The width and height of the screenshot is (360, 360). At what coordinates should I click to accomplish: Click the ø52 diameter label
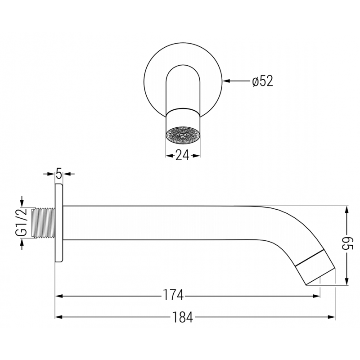pos(263,81)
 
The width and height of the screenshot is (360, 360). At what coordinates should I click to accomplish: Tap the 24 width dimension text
pos(182,155)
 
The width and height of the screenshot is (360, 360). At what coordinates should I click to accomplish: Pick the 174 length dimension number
pos(173,296)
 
